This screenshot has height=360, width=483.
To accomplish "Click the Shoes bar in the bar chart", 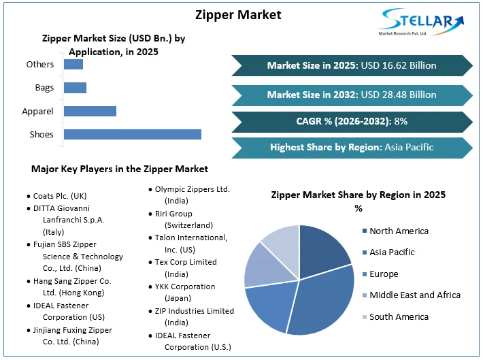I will pos(133,134).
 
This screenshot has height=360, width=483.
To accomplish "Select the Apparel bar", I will pos(90,111).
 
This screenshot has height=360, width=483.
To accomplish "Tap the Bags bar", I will pos(75,88).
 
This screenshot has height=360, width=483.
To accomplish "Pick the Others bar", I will pos(73,65).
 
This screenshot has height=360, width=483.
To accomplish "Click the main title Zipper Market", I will pos(238,14).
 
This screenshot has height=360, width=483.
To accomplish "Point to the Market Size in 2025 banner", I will pos(352,65).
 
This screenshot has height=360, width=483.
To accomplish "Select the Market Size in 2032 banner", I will pos(352,95).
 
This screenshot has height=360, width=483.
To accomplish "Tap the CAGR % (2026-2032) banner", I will pos(352,121).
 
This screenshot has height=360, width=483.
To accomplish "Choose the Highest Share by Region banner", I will pos(352,147).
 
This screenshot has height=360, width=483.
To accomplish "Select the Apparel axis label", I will pos(39,111).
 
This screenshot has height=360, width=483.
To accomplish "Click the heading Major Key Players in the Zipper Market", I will pos(120,169).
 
